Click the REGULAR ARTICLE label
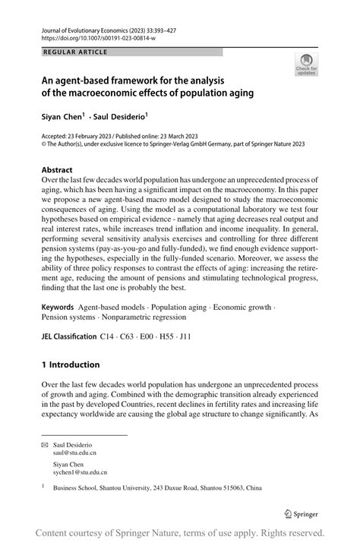tap(75, 52)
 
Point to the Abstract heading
tap(58, 169)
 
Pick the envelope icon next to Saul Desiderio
tap(46, 443)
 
